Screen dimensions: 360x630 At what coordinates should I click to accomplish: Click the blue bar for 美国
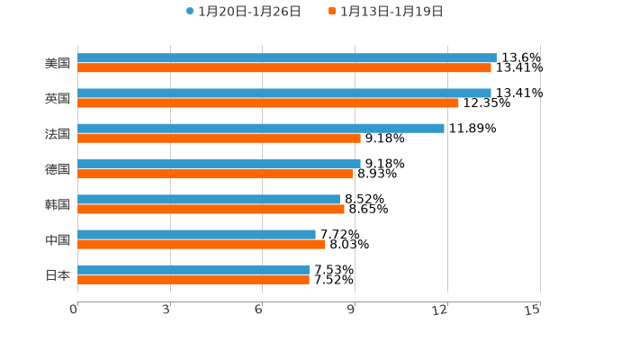tap(287, 58)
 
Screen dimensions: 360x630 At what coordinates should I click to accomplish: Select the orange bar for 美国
tap(284, 67)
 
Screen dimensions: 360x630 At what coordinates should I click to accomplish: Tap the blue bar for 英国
tap(284, 93)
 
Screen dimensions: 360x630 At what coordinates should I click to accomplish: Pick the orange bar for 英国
tap(268, 103)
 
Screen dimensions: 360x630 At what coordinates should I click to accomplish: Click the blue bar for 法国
tap(261, 128)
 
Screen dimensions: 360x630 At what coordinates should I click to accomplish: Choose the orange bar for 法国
tap(219, 138)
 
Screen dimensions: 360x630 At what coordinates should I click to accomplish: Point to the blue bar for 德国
tap(219, 164)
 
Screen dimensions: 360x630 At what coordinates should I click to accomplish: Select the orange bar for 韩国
tap(211, 209)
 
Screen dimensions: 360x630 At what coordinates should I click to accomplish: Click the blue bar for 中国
tap(196, 234)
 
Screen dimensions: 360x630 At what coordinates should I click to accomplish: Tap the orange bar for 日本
tap(193, 280)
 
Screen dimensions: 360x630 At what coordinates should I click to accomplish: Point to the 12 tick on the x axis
tap(440, 310)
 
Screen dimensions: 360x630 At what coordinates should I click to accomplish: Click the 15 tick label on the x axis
tap(533, 310)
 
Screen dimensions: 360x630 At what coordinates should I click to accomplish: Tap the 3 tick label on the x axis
tap(166, 310)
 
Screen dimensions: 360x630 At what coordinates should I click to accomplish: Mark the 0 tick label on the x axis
tap(74, 310)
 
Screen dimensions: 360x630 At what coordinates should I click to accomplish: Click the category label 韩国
tap(58, 204)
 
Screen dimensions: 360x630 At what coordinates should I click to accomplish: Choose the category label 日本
tap(58, 274)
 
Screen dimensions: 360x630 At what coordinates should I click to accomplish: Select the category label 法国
tap(58, 133)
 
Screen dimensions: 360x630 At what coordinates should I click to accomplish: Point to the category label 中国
tap(58, 239)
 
